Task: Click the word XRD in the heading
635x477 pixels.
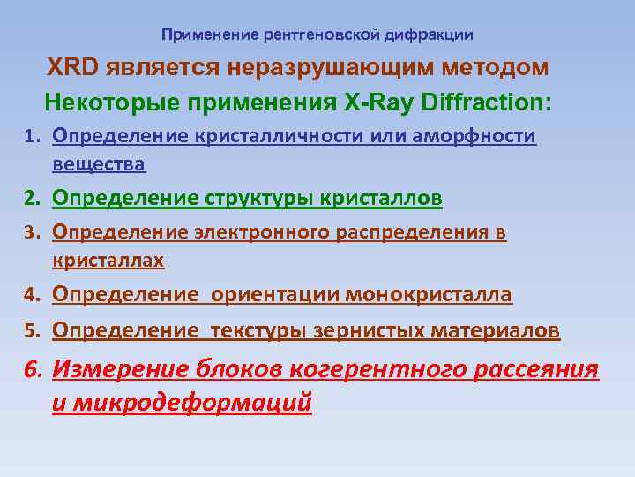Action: (76, 68)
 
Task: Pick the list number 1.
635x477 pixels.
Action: (32, 137)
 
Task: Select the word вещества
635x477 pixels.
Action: (99, 164)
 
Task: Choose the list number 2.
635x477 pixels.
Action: (32, 200)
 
